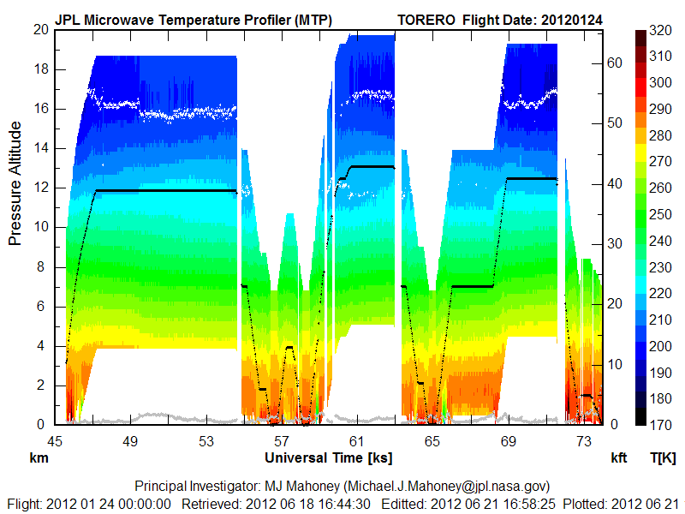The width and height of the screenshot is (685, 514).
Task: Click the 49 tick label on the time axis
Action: pyautogui.click(x=130, y=441)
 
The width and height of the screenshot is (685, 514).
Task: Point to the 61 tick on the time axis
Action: pyautogui.click(x=357, y=441)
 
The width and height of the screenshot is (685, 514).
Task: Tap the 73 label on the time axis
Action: pyautogui.click(x=584, y=441)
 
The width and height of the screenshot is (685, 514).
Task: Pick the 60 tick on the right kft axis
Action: pyautogui.click(x=613, y=63)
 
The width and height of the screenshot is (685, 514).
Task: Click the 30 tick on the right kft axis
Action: pyautogui.click(x=613, y=243)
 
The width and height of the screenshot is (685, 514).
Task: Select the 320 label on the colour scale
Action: pyautogui.click(x=659, y=29)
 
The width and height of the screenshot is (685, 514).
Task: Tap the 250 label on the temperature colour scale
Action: pyautogui.click(x=659, y=212)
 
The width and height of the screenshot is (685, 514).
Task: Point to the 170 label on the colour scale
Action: pyautogui.click(x=659, y=424)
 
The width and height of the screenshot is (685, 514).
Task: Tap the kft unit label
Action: pyautogui.click(x=619, y=458)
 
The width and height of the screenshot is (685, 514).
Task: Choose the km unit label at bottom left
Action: pyautogui.click(x=38, y=458)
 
